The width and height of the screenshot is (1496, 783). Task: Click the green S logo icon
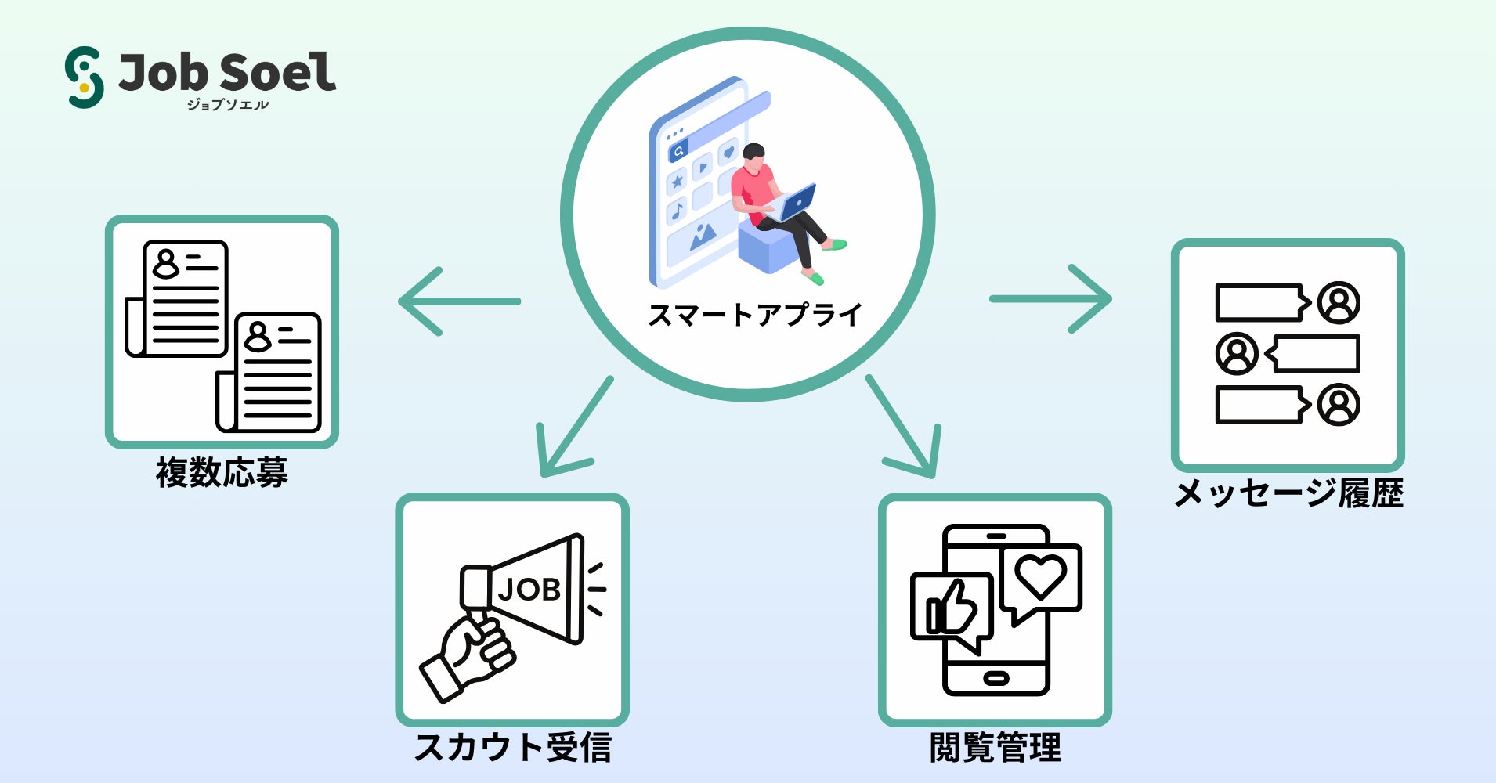click(x=85, y=77)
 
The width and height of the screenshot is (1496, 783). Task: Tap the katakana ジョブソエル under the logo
click(x=228, y=104)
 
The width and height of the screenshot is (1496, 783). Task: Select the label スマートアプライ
click(x=754, y=315)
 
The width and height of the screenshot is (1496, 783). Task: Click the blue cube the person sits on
click(x=768, y=247)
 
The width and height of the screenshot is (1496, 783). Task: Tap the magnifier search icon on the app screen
click(x=678, y=150)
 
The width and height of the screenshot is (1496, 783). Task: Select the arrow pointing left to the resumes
click(x=459, y=301)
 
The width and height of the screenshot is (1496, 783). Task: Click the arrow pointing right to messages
click(x=1051, y=298)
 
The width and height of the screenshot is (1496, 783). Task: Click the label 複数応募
click(x=222, y=473)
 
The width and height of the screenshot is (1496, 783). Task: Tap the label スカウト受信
click(x=512, y=747)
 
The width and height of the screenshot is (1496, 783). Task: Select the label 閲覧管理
click(x=995, y=747)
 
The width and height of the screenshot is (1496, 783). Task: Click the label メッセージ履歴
click(x=1288, y=493)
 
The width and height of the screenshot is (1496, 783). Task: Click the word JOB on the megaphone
click(x=529, y=590)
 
